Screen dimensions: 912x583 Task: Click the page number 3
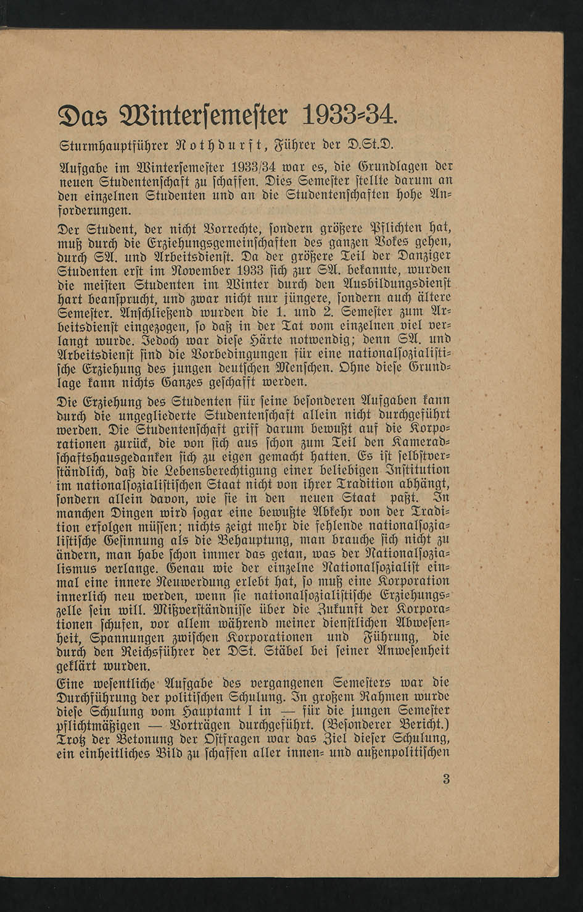click(447, 779)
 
